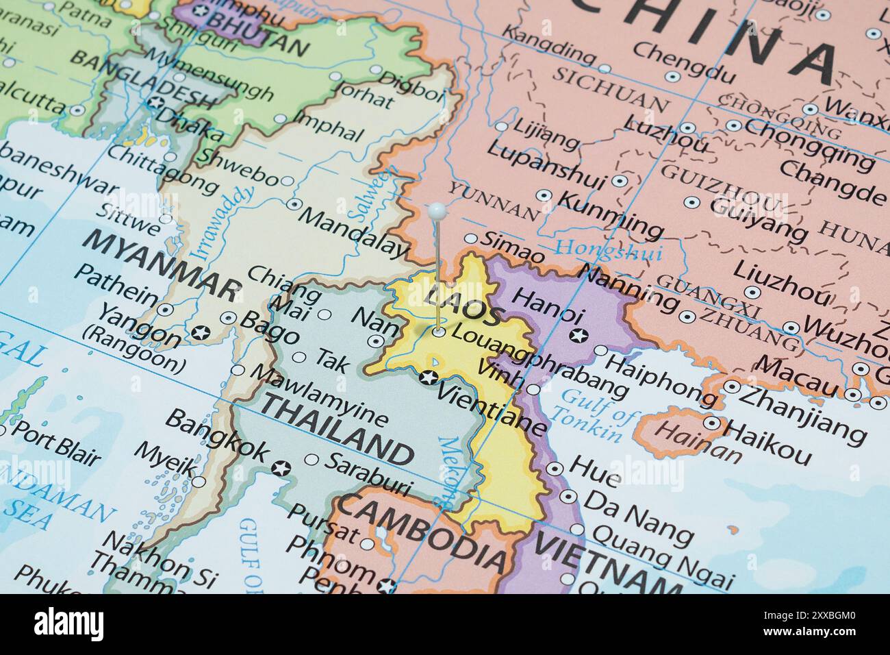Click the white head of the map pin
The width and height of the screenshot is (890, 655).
click(x=437, y=210)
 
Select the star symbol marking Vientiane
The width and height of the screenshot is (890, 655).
click(x=429, y=377)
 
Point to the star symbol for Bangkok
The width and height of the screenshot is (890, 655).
click(x=281, y=469)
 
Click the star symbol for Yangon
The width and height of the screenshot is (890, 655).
click(x=200, y=333)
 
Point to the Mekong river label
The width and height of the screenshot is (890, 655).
click(x=452, y=472)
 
